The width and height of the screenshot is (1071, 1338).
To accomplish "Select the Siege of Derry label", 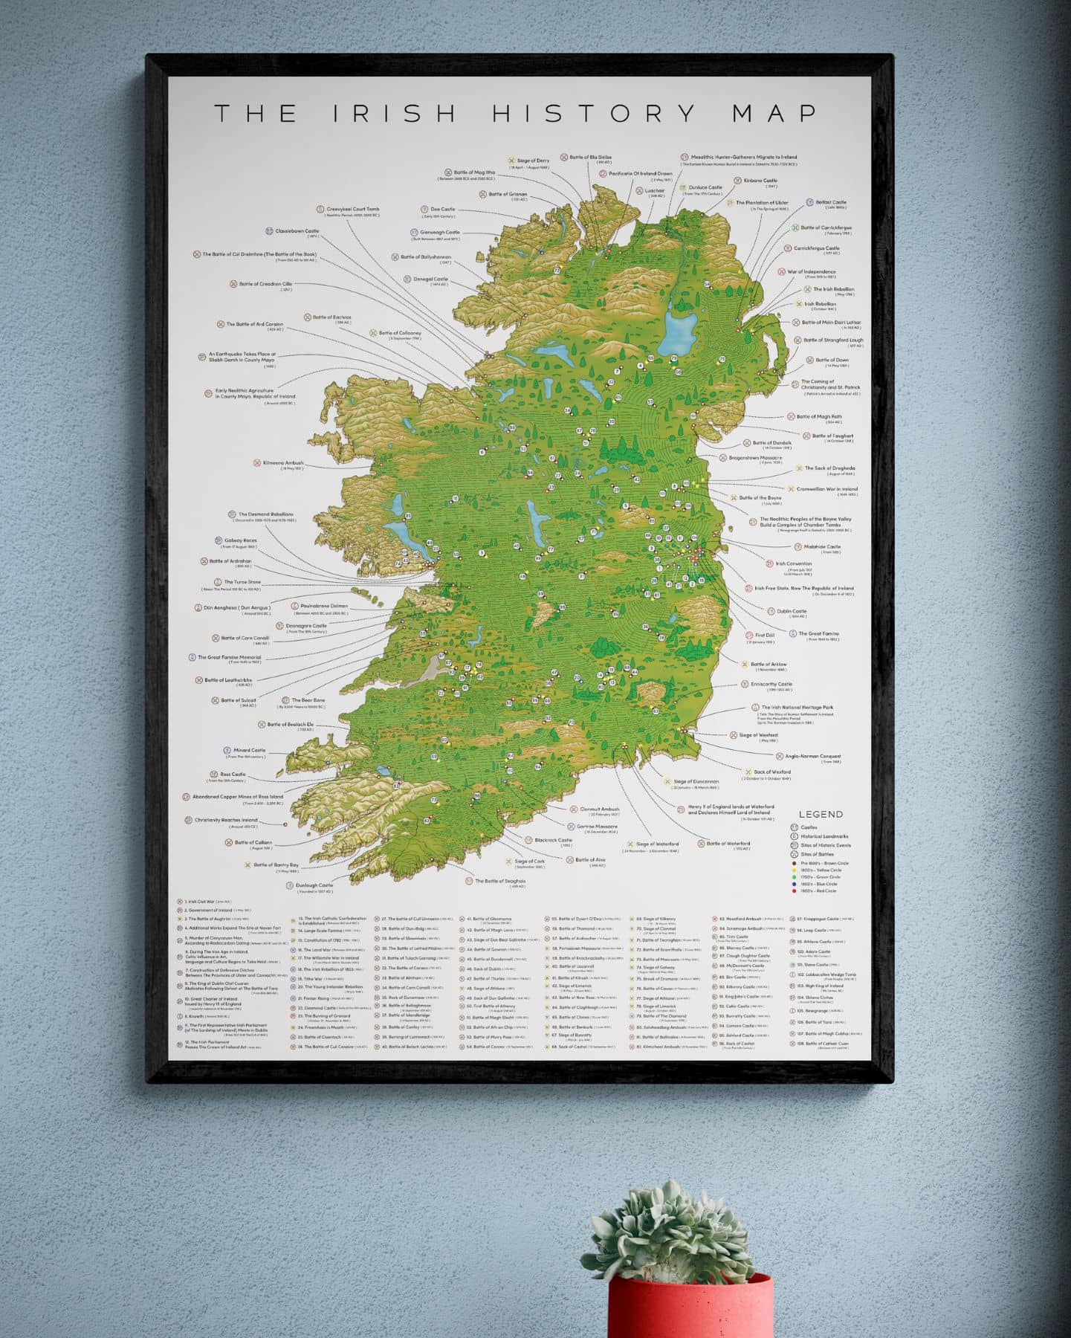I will coord(533,161).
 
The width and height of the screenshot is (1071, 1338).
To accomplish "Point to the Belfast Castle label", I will coord(831,202).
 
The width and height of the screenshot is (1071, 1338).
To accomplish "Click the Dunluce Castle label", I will coord(705,187).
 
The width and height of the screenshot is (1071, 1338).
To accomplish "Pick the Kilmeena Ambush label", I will coord(283,463).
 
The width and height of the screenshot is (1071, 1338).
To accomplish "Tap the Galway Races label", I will coord(239,540).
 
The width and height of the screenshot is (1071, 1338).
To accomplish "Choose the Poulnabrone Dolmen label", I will coord(324,607).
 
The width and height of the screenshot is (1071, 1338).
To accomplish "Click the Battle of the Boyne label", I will coord(760,498).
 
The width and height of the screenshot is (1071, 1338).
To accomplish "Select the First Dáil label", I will coord(764,636).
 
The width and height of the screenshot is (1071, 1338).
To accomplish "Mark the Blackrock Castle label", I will coord(554,840).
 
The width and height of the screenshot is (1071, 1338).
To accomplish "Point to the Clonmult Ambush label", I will coord(599,809).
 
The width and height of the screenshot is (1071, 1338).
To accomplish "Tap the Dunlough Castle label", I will coord(314,885).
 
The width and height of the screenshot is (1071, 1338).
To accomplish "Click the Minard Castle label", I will coord(249,750).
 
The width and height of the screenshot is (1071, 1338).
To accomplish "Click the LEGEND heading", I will coord(821,815).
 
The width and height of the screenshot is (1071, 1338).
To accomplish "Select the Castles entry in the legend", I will coord(809,827).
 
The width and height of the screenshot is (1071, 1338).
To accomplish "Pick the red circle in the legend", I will coord(795,891).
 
